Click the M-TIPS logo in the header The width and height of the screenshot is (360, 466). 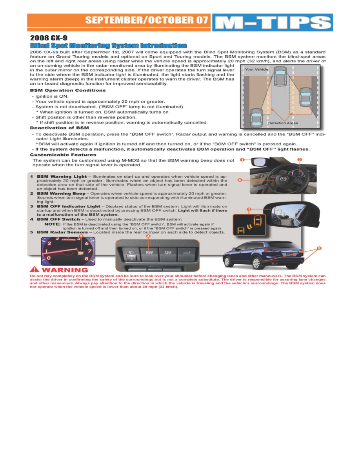272,23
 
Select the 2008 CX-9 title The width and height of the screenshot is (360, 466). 46,38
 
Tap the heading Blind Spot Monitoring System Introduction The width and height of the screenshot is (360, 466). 108,46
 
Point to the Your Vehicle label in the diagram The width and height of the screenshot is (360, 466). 256,69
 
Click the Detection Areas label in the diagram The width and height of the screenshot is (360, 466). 283,123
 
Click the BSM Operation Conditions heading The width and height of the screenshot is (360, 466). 68,90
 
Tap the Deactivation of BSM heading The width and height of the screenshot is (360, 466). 59,128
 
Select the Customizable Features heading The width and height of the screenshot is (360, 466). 63,155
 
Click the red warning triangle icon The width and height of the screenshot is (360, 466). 35,269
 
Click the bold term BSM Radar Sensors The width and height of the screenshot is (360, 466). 62,232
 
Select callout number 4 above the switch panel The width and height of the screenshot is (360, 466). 148,236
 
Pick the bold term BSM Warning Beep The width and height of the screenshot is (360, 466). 61,194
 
